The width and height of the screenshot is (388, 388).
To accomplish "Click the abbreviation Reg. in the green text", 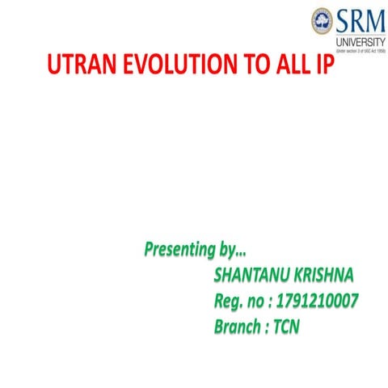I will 231,302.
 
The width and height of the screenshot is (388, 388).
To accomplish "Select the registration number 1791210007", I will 318,302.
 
